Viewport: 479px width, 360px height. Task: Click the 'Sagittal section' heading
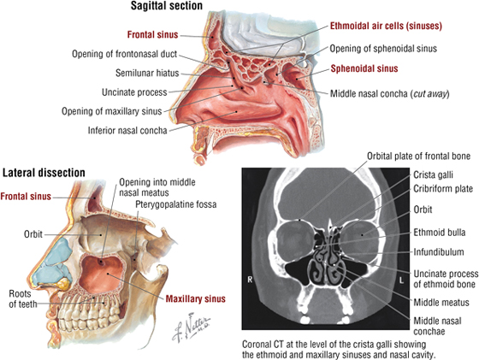[167, 5]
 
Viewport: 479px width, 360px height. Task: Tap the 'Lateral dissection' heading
[44, 173]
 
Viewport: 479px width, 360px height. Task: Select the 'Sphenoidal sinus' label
[364, 68]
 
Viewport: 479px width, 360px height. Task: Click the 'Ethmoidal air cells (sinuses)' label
[386, 27]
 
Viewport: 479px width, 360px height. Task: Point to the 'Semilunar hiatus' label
[147, 74]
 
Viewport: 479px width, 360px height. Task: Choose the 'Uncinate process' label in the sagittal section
[135, 92]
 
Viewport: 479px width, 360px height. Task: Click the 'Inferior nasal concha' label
[127, 130]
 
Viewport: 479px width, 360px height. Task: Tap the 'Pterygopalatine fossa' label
[176, 204]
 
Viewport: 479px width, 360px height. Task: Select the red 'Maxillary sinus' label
[196, 298]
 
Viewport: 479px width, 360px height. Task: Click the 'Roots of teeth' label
[21, 299]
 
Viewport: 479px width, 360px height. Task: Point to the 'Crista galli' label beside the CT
[433, 174]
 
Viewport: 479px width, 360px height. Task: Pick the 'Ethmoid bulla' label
[440, 233]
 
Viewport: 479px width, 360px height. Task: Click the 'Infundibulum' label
[439, 252]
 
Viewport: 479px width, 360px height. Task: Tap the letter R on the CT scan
[250, 279]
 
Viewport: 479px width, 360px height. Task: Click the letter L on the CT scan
[401, 280]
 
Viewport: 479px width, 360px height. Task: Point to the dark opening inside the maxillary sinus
[101, 262]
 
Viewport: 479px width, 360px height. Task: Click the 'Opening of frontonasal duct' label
[124, 54]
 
